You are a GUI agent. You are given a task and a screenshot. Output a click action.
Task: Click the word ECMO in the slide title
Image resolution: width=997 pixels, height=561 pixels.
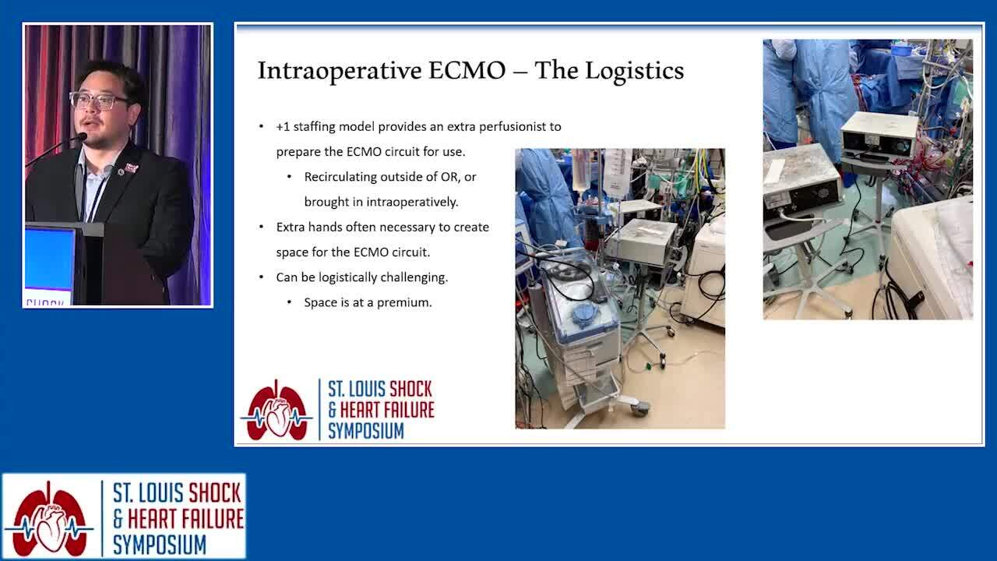(467, 70)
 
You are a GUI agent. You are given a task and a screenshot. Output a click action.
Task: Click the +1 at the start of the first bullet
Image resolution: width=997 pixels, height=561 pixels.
(283, 127)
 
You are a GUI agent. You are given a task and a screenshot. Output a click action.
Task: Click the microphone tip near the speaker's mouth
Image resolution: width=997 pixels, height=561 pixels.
(82, 137)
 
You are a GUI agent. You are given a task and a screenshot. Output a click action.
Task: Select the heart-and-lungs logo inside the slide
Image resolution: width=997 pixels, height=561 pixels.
(277, 411)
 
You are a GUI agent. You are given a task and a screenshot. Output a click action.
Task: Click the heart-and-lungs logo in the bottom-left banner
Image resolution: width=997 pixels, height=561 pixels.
(49, 519)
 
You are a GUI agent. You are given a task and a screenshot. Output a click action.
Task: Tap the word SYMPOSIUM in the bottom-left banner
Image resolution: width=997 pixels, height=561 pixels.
(160, 545)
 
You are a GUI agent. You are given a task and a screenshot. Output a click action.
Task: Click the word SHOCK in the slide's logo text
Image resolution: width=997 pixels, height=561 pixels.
(410, 389)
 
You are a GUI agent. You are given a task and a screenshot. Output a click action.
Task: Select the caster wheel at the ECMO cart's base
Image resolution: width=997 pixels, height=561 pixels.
(639, 408)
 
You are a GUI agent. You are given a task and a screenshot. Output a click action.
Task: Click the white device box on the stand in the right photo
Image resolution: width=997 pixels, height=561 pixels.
(879, 136)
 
